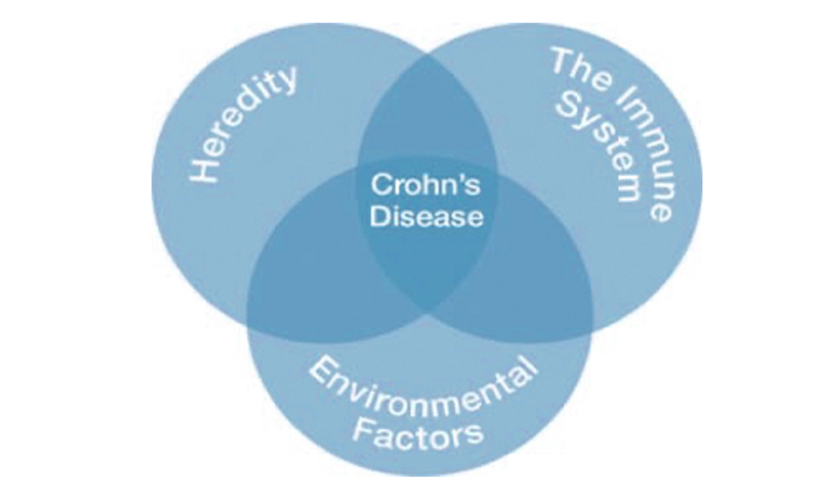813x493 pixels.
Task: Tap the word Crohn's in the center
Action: click(426, 184)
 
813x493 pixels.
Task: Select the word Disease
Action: click(426, 215)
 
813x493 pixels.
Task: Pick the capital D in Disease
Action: click(380, 215)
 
